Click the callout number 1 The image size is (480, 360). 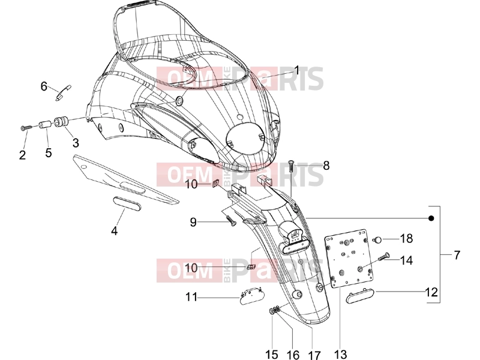[296, 71]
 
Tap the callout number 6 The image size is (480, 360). [44, 86]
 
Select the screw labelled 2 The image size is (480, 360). [26, 127]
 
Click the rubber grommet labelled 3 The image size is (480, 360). [61, 121]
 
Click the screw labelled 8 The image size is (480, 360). [291, 166]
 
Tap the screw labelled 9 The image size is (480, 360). [230, 220]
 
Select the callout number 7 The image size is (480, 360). [457, 254]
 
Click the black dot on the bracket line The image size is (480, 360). [431, 218]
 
